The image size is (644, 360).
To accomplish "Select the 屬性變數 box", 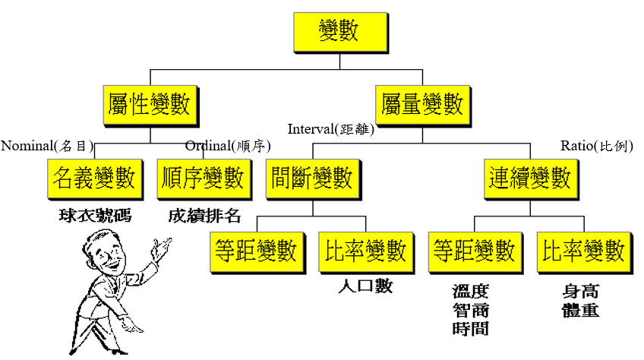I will [x=150, y=105].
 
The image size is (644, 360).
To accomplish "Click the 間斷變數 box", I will [x=312, y=178].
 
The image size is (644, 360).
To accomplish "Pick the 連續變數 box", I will [x=529, y=178].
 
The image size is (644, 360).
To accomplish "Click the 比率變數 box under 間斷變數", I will [x=365, y=251].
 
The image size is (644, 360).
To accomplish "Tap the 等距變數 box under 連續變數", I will [x=475, y=251].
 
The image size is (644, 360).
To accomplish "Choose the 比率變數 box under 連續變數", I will [x=583, y=251].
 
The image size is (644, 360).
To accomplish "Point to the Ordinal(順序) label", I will [x=228, y=146].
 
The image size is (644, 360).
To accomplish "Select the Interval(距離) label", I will [x=330, y=130].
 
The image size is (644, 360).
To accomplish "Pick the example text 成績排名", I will [x=204, y=215].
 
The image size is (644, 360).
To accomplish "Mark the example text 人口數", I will [x=366, y=288].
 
